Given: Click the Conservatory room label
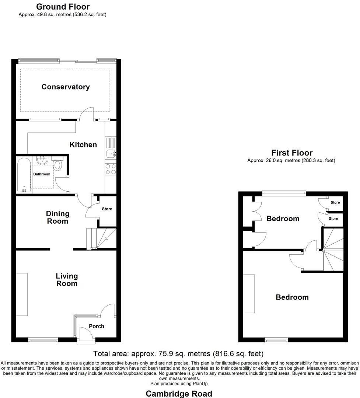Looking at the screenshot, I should [65, 87].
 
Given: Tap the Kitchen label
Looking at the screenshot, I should [83, 145].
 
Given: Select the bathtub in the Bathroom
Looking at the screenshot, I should [24, 175].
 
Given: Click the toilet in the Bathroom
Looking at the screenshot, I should [58, 164].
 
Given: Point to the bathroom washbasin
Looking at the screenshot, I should [43, 160].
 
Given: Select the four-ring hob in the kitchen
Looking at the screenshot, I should [111, 169].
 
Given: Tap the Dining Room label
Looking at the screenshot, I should [57, 217].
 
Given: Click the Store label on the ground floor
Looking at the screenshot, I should [107, 209].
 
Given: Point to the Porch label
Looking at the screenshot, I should [97, 326].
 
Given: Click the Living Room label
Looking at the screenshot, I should [67, 280].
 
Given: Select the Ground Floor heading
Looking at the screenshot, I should [63, 7].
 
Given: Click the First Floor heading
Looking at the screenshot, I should [292, 153].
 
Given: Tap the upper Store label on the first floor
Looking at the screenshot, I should [335, 203].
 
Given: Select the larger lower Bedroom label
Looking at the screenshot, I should [292, 297].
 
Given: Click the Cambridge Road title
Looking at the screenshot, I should [179, 394].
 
